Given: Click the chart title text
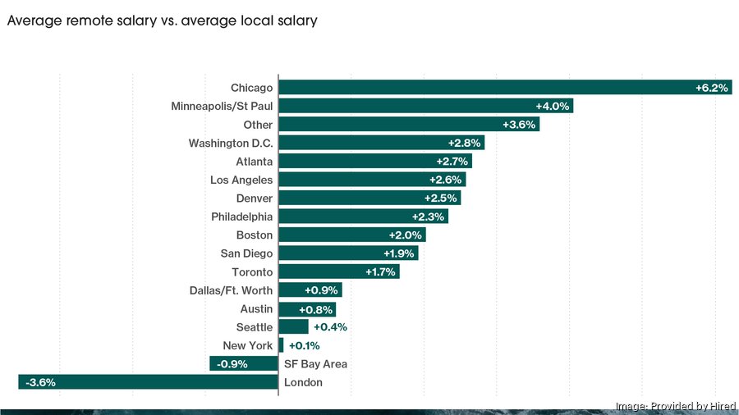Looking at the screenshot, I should click(x=162, y=21).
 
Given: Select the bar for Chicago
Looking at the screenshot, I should click(x=484, y=88).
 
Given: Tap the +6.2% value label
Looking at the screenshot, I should click(x=711, y=88).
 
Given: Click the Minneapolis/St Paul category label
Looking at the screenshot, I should click(x=222, y=107).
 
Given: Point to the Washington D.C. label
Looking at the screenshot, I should click(x=231, y=144).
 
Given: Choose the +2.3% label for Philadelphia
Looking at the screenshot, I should click(x=428, y=217).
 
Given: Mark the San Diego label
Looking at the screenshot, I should click(x=246, y=253).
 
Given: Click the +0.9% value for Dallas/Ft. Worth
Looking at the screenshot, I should click(x=321, y=290).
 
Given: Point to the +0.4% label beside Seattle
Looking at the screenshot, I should click(x=330, y=327).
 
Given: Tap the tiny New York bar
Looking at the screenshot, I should click(x=281, y=345).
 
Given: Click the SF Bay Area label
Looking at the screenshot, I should click(x=315, y=364).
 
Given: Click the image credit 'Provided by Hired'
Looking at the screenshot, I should click(x=675, y=406).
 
